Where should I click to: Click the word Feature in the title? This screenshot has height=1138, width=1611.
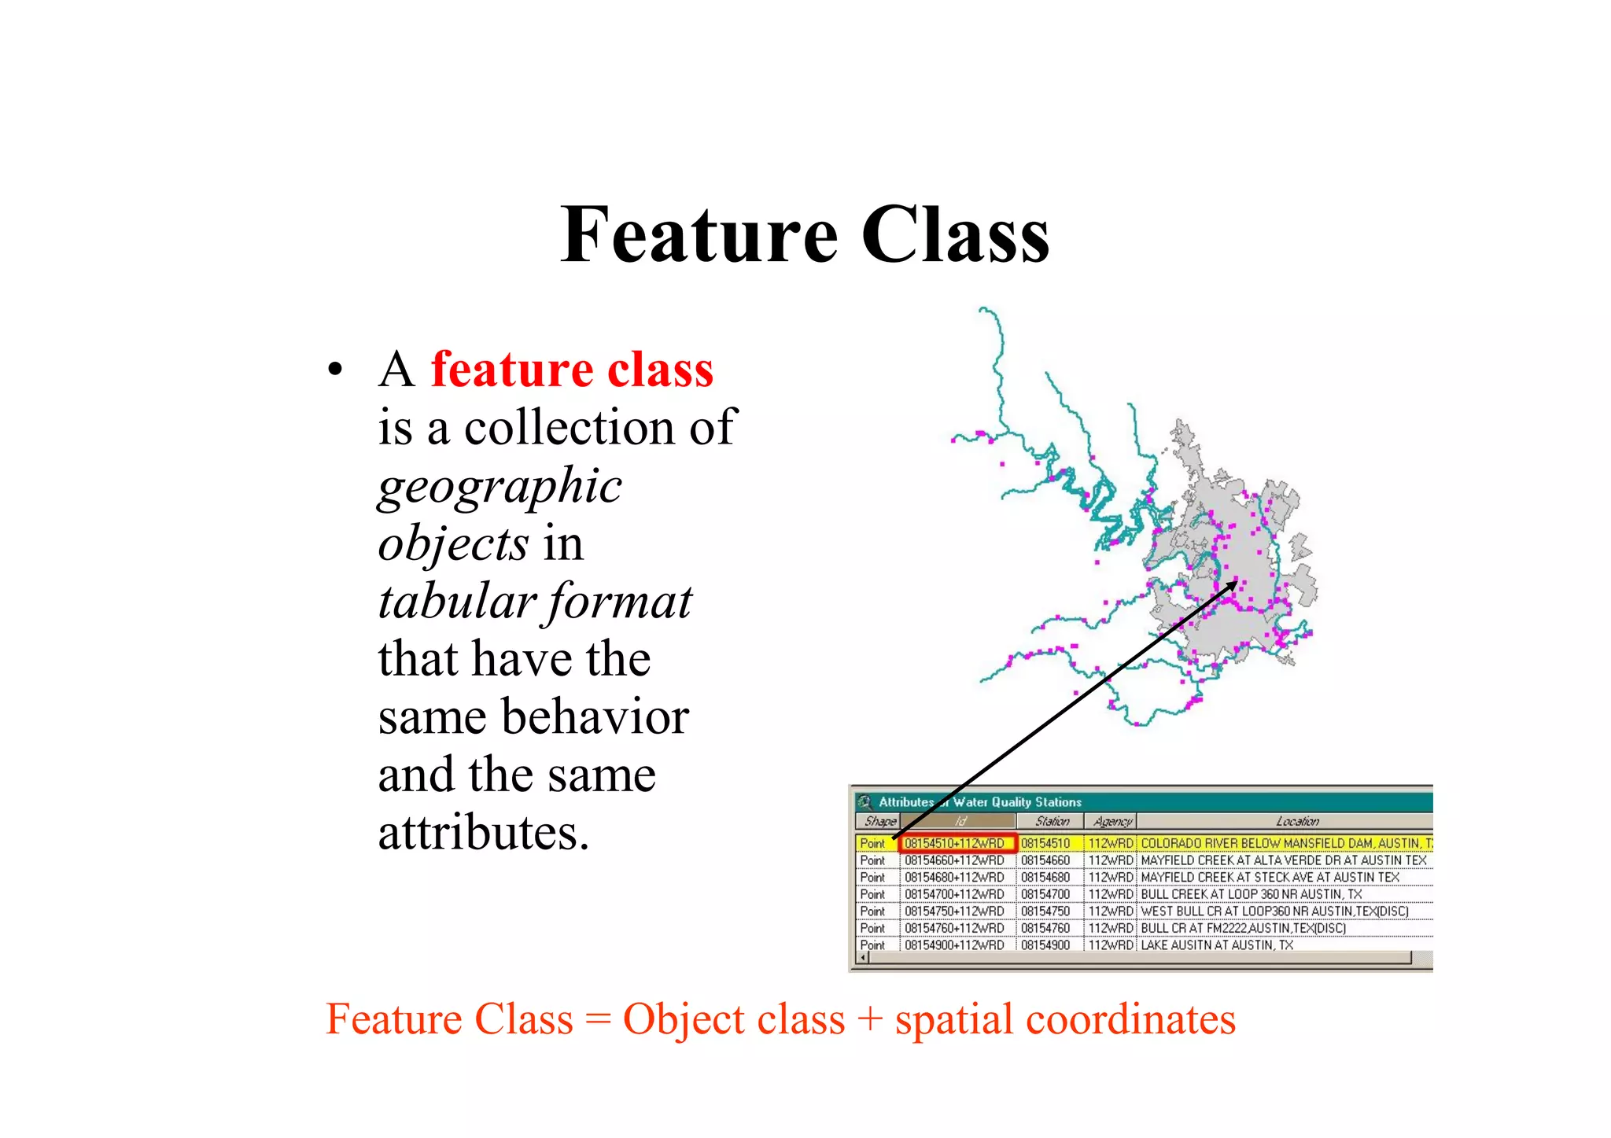tap(699, 234)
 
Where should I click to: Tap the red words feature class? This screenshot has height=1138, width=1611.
tap(572, 369)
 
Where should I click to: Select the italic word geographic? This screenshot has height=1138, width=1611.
tap(500, 485)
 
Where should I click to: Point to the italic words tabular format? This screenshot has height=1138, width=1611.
tap(534, 602)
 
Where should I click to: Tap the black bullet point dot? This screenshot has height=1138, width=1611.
tap(336, 370)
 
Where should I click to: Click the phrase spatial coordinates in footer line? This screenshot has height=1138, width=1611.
tap(1065, 1019)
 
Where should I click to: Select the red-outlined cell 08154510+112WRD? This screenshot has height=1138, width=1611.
tap(957, 843)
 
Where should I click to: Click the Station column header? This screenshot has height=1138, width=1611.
tap(1052, 821)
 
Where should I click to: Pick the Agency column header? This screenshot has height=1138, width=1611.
tap(1111, 821)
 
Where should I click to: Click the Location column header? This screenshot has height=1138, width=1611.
tap(1296, 821)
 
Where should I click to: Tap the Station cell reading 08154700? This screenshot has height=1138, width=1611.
tap(1045, 894)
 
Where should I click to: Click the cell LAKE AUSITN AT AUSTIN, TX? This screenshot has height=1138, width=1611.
tap(1216, 945)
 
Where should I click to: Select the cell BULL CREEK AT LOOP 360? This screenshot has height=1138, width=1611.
tap(1251, 894)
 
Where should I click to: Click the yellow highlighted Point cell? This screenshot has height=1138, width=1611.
tap(873, 843)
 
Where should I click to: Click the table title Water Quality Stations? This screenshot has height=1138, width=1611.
tap(1016, 802)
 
